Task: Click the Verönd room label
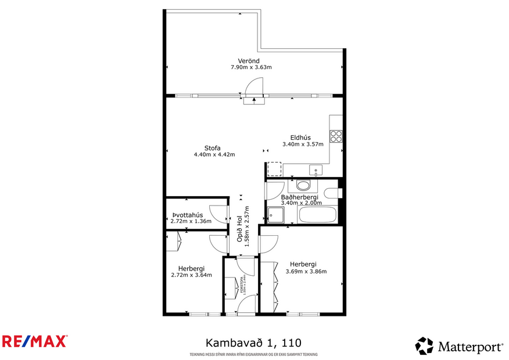(248, 61)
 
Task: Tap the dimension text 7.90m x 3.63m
(251, 67)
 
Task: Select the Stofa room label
(212, 147)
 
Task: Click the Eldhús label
(301, 138)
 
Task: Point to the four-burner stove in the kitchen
(336, 136)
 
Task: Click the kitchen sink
(316, 170)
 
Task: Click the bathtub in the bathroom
(317, 215)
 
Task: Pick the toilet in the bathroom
(332, 193)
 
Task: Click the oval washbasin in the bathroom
(303, 186)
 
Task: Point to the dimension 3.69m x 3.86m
(306, 271)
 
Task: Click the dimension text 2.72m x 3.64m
(191, 275)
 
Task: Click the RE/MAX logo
(35, 341)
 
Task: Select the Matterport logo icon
(424, 346)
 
